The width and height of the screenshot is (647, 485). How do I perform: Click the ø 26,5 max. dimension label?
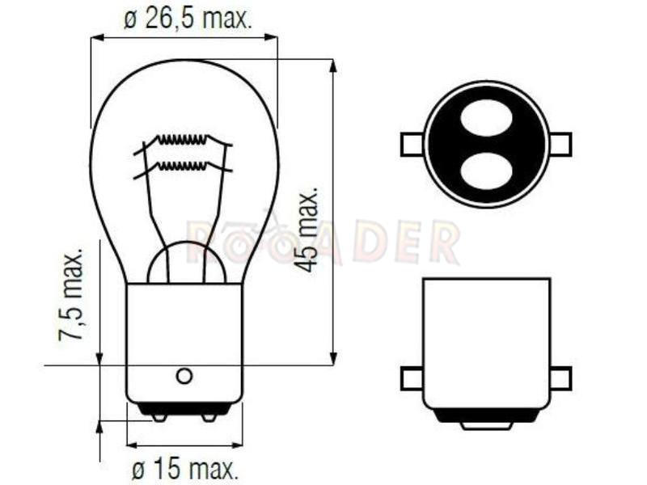click(188, 19)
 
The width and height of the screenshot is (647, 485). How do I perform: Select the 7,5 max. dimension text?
click(73, 293)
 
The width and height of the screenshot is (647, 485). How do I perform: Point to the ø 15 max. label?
click(186, 469)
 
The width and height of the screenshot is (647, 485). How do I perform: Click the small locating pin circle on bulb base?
click(184, 376)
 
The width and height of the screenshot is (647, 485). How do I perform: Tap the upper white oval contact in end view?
click(487, 118)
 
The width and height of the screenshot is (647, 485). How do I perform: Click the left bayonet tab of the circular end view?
click(412, 145)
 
